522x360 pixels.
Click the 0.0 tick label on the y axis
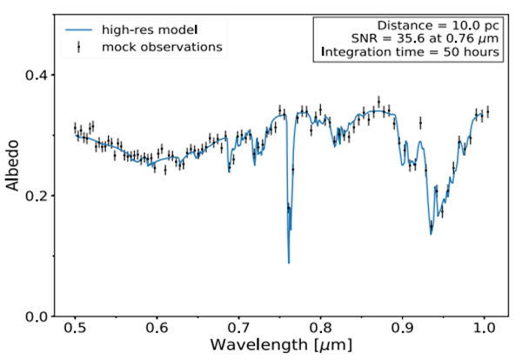(37, 316)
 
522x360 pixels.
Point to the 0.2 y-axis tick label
(37, 196)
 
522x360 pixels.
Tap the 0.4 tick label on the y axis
(37, 76)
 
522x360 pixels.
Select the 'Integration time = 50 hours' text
(410, 52)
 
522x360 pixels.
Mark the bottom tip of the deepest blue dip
(289, 262)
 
